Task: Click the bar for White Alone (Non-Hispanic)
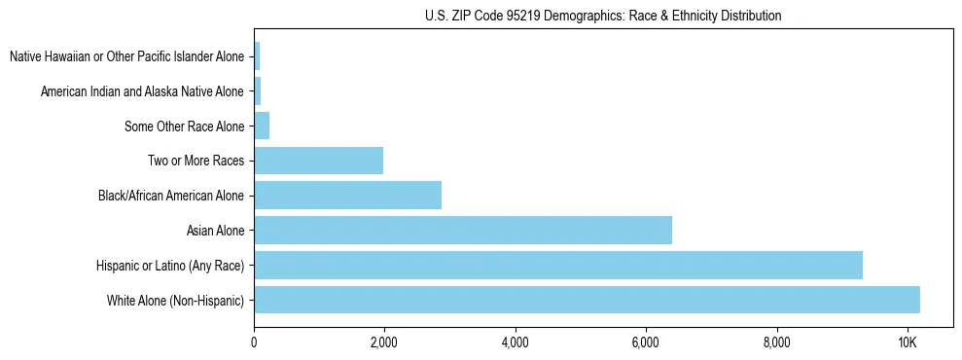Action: click(x=587, y=300)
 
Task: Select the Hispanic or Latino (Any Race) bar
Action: click(x=558, y=265)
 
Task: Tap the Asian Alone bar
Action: click(x=463, y=231)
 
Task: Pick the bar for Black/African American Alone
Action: click(x=347, y=196)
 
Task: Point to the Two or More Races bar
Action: click(x=318, y=161)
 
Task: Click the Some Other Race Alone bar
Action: click(x=262, y=126)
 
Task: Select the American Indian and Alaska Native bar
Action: click(x=258, y=91)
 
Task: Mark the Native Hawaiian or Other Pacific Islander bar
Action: click(x=257, y=56)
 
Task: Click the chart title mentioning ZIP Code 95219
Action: click(x=603, y=16)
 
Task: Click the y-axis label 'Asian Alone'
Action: click(x=215, y=231)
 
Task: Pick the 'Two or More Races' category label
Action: click(x=196, y=161)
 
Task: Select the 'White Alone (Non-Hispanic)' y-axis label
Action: click(x=175, y=300)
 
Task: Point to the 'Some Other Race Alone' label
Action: click(x=184, y=126)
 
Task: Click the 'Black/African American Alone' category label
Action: click(x=170, y=196)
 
